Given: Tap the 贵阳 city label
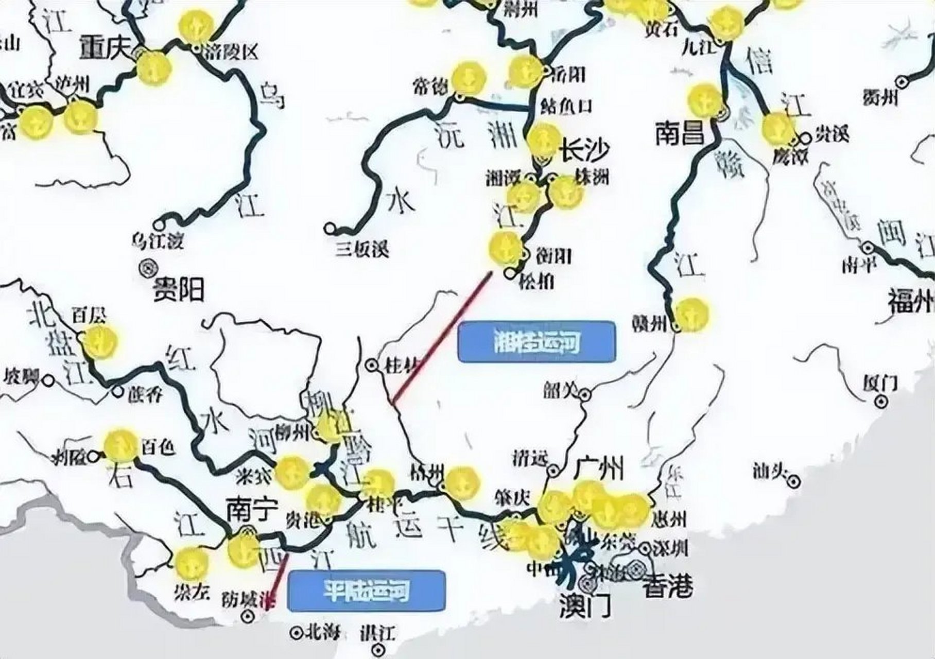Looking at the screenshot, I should pos(179,289).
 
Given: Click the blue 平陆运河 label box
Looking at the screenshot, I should pos(366,591).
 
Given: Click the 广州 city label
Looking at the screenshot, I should pos(598,469).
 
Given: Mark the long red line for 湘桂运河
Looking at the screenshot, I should pos(442,338).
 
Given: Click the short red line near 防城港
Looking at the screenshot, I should pos(277,580).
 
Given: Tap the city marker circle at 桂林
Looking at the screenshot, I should pos(370,365).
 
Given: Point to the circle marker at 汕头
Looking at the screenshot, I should pos(794,480).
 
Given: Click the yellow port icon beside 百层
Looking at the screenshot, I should pos(100,341).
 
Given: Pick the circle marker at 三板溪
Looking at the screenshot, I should pos(330,228).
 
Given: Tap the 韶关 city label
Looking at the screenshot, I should pos(560,392).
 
